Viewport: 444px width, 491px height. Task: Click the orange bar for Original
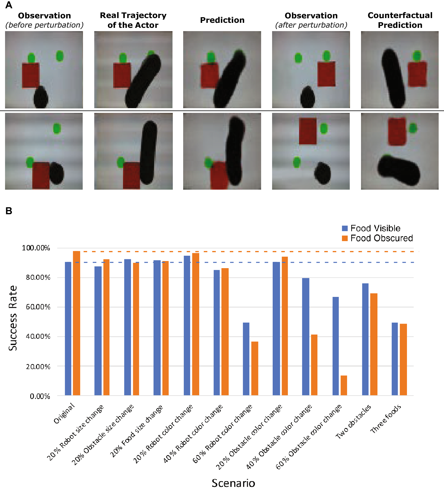click(76, 323)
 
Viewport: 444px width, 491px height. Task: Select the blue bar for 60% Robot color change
click(246, 359)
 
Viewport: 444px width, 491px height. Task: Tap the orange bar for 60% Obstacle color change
click(344, 385)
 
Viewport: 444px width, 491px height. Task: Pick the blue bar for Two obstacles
click(365, 339)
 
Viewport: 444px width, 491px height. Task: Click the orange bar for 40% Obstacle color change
click(314, 365)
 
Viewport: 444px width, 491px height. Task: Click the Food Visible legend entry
click(371, 228)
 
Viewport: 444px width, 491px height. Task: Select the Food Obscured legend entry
click(377, 238)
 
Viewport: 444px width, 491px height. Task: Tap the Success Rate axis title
click(12, 318)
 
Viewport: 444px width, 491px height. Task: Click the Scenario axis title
click(233, 483)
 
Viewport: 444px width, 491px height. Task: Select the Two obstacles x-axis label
click(353, 421)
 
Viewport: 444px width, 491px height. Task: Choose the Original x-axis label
click(64, 413)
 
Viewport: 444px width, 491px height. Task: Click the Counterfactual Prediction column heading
click(400, 20)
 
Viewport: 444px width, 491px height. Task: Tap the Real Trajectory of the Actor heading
click(133, 20)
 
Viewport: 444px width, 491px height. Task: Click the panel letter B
click(9, 211)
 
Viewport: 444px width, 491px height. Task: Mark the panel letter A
click(9, 5)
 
